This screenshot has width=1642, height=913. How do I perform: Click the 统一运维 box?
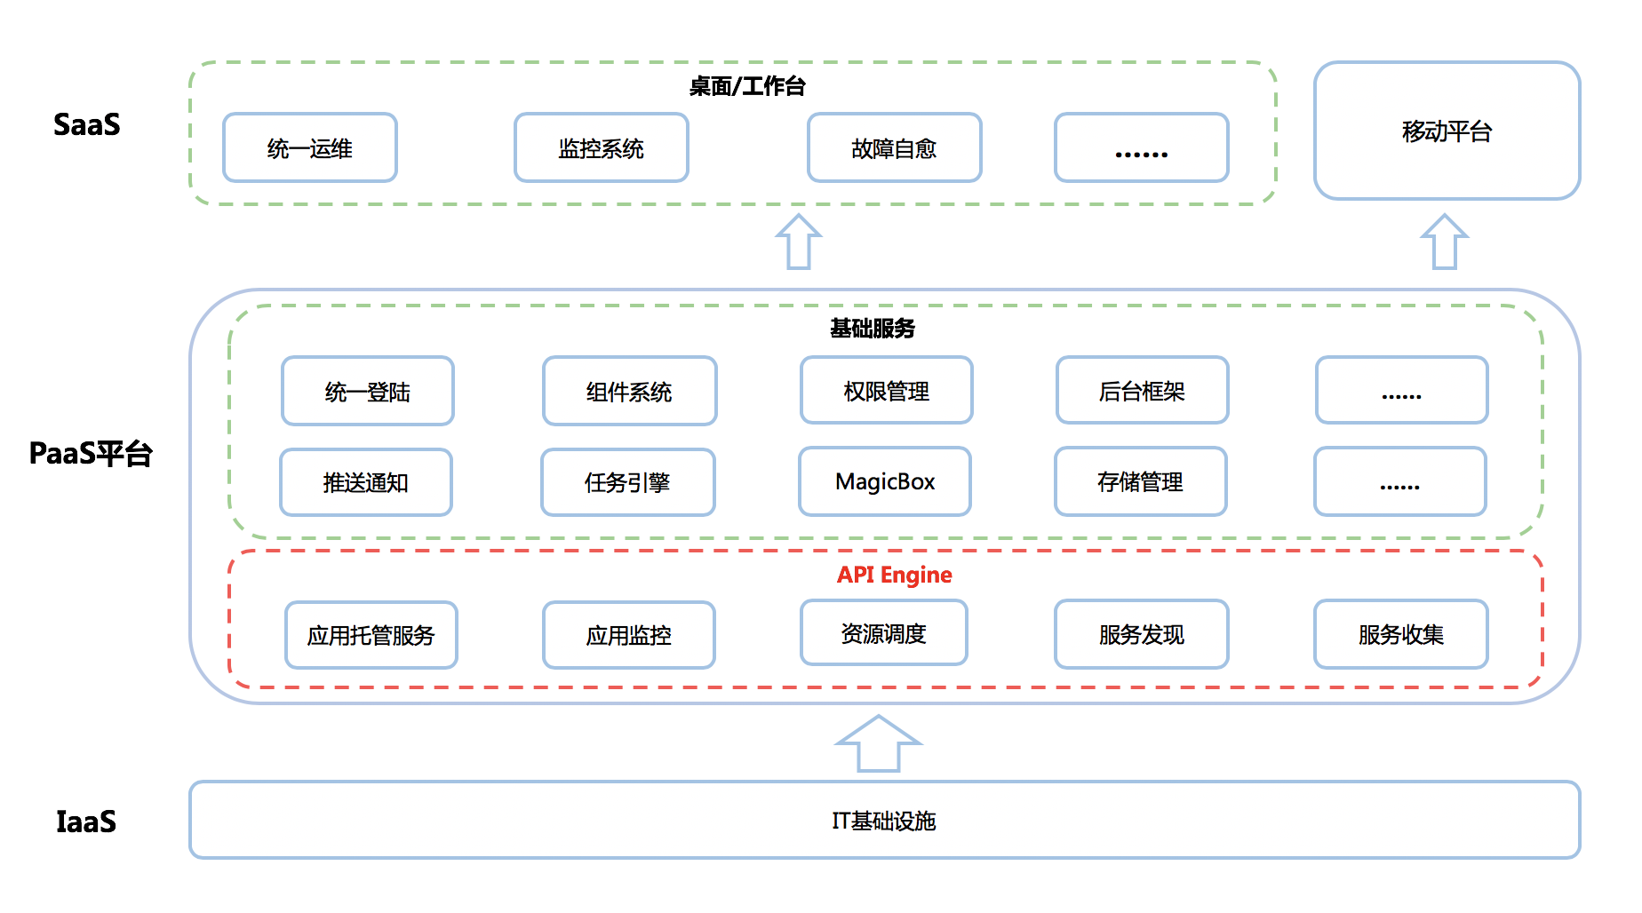(310, 147)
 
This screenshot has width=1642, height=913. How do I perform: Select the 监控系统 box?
(602, 147)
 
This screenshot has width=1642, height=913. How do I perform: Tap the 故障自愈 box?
(895, 147)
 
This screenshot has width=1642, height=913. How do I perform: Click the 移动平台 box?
(1447, 131)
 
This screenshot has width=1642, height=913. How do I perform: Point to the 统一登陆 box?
(368, 391)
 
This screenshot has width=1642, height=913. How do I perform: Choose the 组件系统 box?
(630, 391)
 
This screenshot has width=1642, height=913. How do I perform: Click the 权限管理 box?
(887, 390)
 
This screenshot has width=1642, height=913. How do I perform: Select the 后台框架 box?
(1143, 390)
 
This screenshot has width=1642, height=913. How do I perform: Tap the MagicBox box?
(885, 481)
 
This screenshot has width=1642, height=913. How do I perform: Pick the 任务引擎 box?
(628, 482)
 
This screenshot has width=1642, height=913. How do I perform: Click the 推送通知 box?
(366, 482)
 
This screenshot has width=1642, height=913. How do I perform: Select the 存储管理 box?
(1141, 481)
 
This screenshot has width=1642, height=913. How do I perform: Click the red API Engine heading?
(895, 575)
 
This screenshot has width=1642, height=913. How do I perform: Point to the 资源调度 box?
(884, 632)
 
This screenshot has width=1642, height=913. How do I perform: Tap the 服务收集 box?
(1401, 634)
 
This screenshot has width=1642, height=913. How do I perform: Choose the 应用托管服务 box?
(371, 635)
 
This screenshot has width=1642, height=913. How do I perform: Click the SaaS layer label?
(86, 124)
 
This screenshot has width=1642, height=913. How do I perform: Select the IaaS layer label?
(86, 822)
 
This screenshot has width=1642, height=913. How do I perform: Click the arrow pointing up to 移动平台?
(1445, 242)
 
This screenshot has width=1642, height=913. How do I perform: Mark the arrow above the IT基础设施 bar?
(879, 744)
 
